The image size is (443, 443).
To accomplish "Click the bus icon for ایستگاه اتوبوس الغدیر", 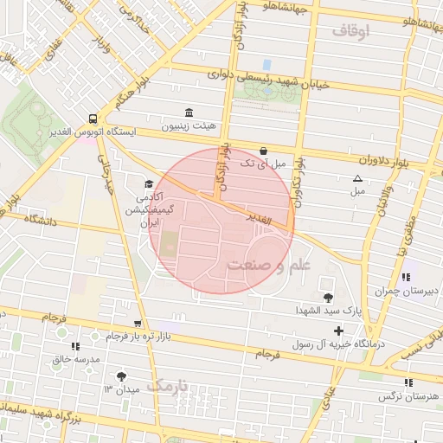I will click(93, 119).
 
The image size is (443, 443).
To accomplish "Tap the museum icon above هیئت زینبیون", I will click(189, 112).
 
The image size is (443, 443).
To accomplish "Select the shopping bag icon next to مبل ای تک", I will click(263, 150).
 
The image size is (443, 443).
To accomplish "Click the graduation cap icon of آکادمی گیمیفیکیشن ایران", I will click(149, 184).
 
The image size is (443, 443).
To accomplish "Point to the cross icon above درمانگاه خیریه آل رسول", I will click(338, 331).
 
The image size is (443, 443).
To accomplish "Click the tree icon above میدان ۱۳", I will click(120, 376).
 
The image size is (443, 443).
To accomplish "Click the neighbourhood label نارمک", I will click(167, 386).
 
